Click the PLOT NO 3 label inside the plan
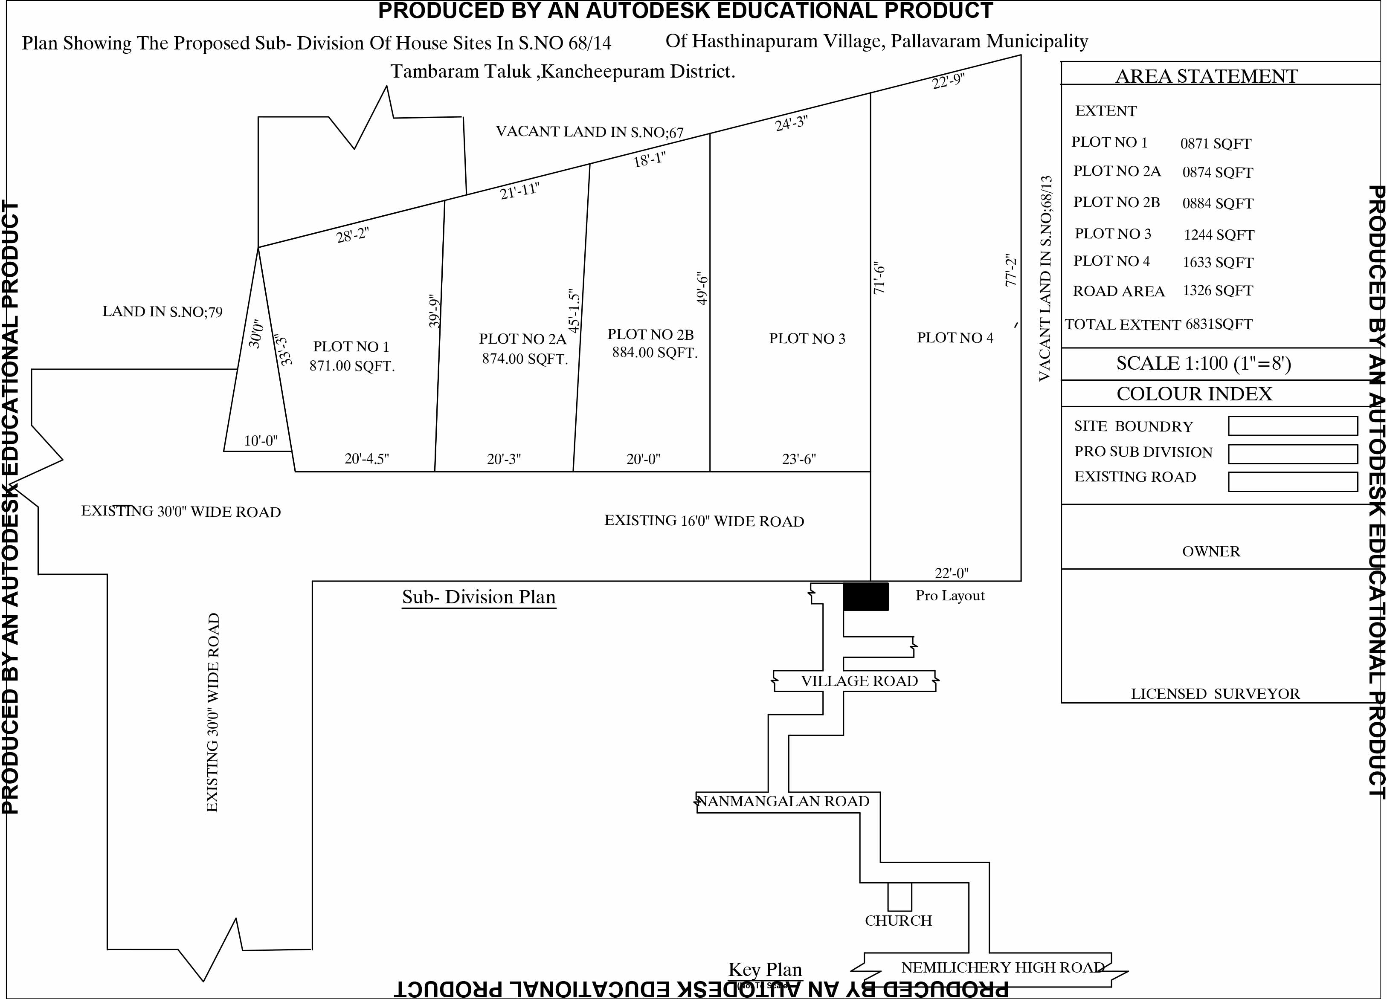(807, 339)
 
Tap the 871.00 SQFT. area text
(352, 366)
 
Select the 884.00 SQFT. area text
(655, 353)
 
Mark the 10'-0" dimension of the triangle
(261, 441)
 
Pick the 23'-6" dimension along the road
(799, 459)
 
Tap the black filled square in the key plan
(866, 597)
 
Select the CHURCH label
(898, 921)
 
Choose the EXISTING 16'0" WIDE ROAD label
(705, 521)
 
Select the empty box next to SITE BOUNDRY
(1293, 426)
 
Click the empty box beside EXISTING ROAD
(1293, 482)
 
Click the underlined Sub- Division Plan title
(479, 597)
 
